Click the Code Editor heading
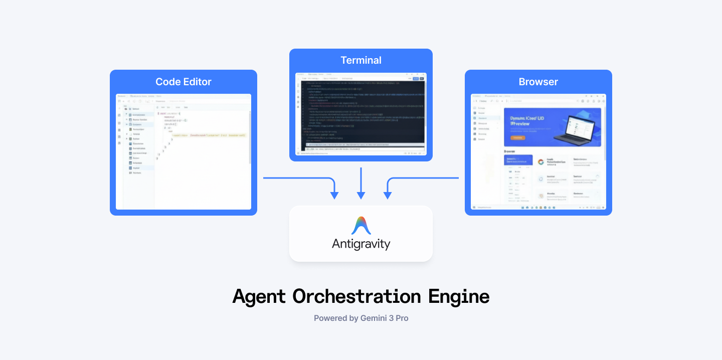click(184, 82)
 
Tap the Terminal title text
click(361, 60)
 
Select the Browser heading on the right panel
click(538, 82)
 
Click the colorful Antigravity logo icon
click(361, 226)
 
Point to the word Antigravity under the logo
click(361, 244)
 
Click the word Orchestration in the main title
click(357, 296)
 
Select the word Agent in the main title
click(259, 296)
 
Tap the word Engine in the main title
click(459, 296)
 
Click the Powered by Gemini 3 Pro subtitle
click(361, 318)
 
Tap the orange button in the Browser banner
click(517, 137)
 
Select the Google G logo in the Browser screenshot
click(540, 162)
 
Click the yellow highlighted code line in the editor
click(208, 135)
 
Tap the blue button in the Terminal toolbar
click(416, 79)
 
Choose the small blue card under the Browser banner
click(518, 160)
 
